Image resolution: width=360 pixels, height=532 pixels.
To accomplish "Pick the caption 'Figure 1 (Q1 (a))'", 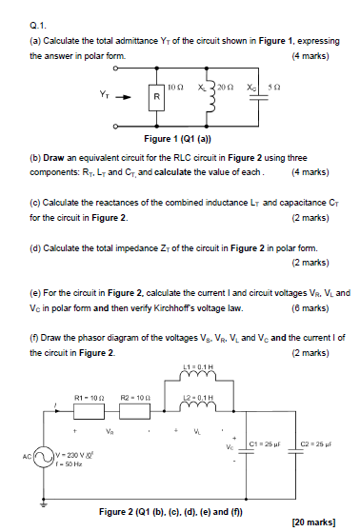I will coord(200,138).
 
